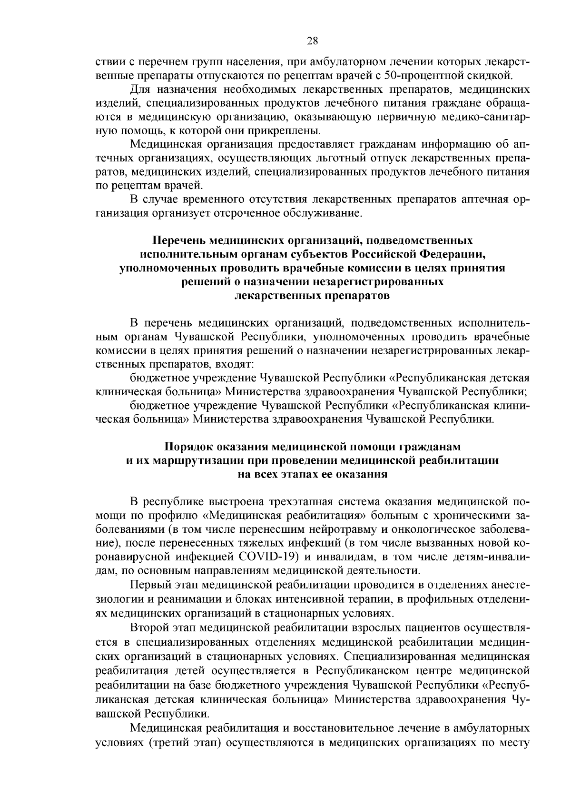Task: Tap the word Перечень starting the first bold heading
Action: point(179,240)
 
